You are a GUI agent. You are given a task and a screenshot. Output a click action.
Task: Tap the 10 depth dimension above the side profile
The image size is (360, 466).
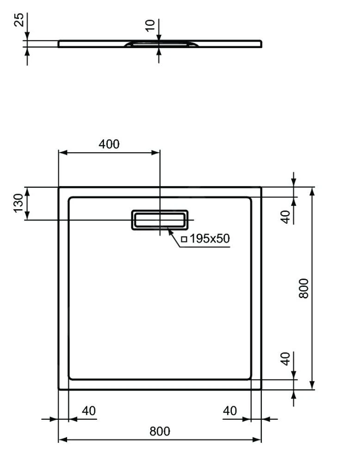[x=149, y=25]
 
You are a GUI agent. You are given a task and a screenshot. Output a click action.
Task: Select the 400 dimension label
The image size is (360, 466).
[x=109, y=144]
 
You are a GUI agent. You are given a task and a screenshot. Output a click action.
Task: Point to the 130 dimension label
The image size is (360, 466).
[x=18, y=203]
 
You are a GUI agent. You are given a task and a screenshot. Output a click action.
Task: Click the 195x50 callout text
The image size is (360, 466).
[x=209, y=239]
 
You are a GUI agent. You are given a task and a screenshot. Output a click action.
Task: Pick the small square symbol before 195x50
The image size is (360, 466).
[x=184, y=239]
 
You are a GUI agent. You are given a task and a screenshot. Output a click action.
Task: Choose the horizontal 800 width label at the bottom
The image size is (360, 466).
[x=160, y=431]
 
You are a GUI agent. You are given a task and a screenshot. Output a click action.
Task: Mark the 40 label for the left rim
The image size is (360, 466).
[x=89, y=410]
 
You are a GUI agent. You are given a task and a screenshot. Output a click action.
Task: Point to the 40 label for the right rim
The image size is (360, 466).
[x=230, y=410]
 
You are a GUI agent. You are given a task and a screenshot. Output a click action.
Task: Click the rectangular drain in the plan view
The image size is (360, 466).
[x=161, y=220]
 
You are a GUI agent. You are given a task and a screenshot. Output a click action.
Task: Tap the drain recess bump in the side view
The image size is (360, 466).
[x=160, y=44]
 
